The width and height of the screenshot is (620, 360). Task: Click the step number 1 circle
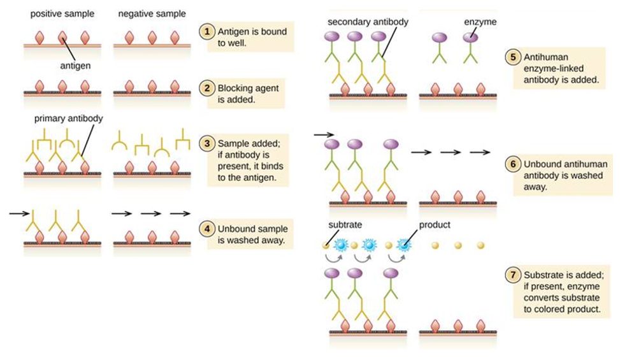[x=207, y=31]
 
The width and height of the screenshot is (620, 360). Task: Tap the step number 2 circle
[x=207, y=88]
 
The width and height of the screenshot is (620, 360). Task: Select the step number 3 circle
[x=207, y=143]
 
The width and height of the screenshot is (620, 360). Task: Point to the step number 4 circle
[x=207, y=228]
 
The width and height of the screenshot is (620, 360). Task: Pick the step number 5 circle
[x=513, y=57]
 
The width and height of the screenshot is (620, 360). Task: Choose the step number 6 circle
[x=513, y=164]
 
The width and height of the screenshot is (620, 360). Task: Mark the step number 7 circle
[x=513, y=274]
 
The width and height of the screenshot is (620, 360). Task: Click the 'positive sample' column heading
[x=62, y=14]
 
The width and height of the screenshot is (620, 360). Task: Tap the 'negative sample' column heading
[x=152, y=14]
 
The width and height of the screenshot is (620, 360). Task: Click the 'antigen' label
[x=75, y=66]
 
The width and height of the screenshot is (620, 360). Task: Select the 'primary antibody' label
[x=68, y=119]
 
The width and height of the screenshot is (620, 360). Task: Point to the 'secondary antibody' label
[x=368, y=22]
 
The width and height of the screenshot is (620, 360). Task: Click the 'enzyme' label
[x=480, y=22]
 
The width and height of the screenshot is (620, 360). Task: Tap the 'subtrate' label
[x=345, y=224]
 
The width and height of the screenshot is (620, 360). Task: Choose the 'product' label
[x=435, y=225]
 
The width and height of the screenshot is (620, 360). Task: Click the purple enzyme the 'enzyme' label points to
[x=470, y=38]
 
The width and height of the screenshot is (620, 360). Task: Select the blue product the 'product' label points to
[x=403, y=245]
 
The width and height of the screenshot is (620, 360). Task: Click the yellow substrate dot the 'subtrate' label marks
[x=326, y=245]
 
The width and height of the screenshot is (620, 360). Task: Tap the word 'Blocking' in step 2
[x=235, y=88]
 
